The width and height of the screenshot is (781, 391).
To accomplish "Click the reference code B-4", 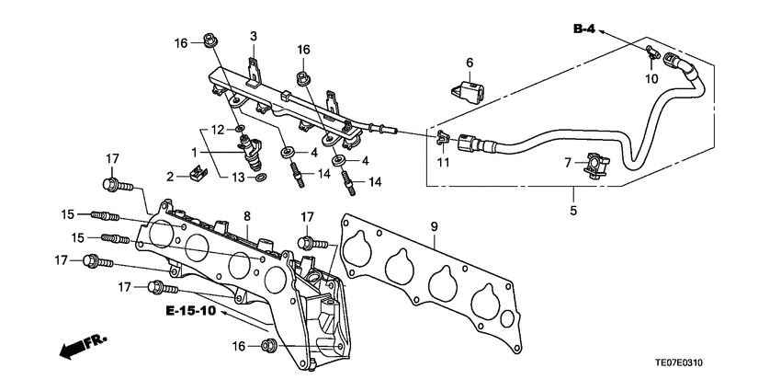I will (584, 29).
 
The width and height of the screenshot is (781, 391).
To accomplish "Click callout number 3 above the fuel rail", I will (254, 36).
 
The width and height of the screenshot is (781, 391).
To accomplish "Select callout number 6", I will (469, 63).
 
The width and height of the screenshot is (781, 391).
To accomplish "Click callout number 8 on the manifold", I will (246, 216).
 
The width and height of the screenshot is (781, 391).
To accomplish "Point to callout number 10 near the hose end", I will (651, 79).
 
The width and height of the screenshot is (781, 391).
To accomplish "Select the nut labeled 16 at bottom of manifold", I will (270, 346).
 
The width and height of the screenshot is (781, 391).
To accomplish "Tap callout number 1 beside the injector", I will (194, 151).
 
